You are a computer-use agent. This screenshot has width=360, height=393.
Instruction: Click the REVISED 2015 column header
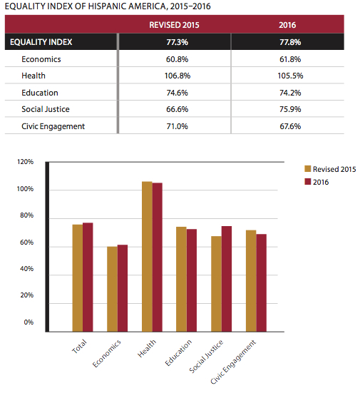[174, 25]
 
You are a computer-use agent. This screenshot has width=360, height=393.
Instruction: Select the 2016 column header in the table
[287, 25]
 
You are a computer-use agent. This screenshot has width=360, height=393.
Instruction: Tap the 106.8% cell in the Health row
[178, 76]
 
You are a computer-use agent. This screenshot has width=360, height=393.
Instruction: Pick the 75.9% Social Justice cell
[290, 109]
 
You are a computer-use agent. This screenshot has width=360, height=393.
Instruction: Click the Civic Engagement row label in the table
[53, 126]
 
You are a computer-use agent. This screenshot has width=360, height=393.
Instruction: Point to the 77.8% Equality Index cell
[290, 42]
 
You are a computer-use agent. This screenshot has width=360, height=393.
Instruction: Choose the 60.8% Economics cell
[177, 59]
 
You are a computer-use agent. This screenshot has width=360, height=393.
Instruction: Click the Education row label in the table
[40, 93]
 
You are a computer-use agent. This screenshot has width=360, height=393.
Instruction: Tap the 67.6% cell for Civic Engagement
[290, 126]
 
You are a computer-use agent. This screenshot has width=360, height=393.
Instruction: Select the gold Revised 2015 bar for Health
[147, 257]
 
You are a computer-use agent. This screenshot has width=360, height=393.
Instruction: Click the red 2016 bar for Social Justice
[227, 279]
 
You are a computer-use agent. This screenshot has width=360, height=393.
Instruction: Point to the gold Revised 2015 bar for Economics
[112, 290]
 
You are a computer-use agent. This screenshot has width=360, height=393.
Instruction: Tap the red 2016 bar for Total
[88, 277]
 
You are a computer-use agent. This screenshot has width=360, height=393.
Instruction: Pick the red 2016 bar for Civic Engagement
[262, 283]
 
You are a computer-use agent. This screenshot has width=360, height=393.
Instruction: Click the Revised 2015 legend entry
[330, 169]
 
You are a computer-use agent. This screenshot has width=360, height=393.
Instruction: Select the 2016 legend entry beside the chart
[317, 182]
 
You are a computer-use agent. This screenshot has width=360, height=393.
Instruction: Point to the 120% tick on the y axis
[25, 162]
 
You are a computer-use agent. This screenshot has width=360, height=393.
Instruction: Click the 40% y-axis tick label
[26, 269]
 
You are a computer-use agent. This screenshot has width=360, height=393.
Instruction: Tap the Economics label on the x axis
[107, 353]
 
